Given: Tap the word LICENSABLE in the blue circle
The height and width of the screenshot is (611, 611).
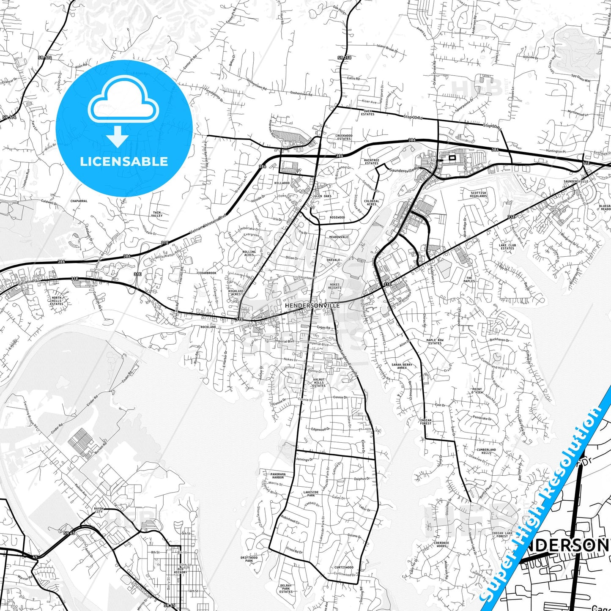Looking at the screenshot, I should pos(124,162).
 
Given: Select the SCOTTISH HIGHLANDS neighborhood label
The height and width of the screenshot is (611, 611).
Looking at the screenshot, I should pos(479,195).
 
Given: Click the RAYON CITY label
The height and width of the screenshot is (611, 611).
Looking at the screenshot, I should pos(99,510).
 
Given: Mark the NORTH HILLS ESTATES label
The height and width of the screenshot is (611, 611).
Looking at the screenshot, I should pos(56,301).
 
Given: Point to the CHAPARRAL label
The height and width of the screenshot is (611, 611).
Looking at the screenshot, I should pos(79,201).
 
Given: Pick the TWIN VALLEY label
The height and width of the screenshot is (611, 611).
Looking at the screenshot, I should pos(157,214).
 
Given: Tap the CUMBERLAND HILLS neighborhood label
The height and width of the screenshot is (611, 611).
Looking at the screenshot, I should pos(486,451).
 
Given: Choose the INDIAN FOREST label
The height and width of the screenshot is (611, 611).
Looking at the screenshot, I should pos(426,422).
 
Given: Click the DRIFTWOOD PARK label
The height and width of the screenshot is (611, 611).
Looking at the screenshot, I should pos(249,559).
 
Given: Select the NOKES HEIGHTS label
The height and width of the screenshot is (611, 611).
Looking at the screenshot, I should pos(334,286).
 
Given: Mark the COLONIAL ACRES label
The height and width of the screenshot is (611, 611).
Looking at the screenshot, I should pos(371,203).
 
